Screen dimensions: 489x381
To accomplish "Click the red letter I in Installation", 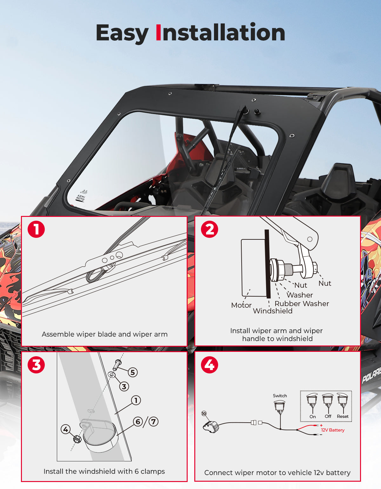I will [158, 32].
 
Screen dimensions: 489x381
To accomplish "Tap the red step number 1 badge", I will [36, 229].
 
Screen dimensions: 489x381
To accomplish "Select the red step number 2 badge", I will [210, 229].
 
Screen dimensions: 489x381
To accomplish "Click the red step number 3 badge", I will [36, 365].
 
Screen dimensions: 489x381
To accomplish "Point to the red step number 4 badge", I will [210, 365].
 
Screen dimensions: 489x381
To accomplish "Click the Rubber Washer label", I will [302, 304].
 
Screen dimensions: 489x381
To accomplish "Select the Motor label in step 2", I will [241, 305].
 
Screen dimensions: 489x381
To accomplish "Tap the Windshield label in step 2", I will [273, 311].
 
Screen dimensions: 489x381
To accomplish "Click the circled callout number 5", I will [133, 372].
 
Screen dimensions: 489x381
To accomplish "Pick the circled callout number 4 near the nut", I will [65, 429].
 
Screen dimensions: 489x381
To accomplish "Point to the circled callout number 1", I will [136, 400].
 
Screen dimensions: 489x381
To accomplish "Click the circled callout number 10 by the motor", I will [204, 413].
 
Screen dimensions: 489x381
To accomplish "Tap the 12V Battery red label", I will [333, 430].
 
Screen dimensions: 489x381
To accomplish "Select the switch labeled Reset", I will [343, 401].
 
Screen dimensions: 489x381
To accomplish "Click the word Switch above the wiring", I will [280, 396].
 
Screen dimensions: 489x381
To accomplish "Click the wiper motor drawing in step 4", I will [211, 427].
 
